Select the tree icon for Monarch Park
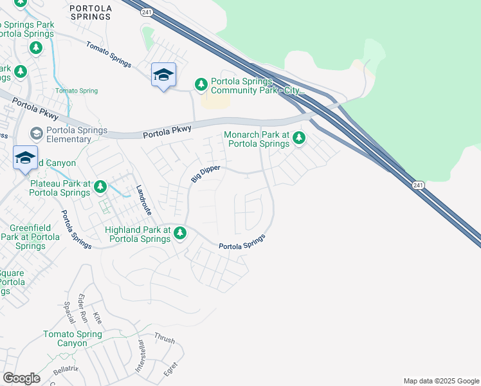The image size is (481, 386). (x=299, y=137)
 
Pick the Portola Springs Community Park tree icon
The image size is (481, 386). (x=201, y=84)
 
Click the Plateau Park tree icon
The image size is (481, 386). (x=100, y=187)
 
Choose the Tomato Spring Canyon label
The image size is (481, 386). (x=73, y=338)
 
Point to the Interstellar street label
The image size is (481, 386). (x=140, y=357)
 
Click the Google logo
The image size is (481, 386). (x=21, y=378)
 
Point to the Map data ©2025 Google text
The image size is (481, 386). (x=441, y=381)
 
